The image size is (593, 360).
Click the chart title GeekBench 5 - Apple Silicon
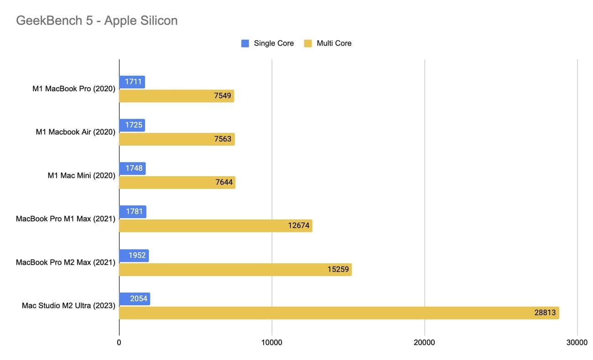pyautogui.click(x=97, y=21)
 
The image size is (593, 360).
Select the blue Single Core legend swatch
pyautogui.click(x=245, y=43)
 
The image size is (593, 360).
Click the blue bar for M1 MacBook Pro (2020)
pyautogui.click(x=132, y=82)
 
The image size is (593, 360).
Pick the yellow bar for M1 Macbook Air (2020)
pyautogui.click(x=177, y=139)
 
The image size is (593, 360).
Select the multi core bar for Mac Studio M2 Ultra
pyautogui.click(x=339, y=313)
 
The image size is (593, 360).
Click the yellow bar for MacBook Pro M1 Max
pyautogui.click(x=215, y=226)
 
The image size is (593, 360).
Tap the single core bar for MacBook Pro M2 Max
pyautogui.click(x=134, y=256)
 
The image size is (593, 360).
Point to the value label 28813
pyautogui.click(x=545, y=313)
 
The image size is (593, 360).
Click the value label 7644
pyautogui.click(x=224, y=183)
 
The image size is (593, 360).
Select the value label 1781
pyautogui.click(x=135, y=212)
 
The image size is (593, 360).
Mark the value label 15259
pyautogui.click(x=338, y=270)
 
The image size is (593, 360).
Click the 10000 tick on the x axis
pyautogui.click(x=272, y=342)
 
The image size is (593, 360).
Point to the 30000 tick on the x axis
pyautogui.click(x=577, y=342)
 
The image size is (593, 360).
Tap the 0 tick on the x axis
pyautogui.click(x=119, y=342)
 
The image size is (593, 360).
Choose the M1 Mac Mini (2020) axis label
pyautogui.click(x=81, y=175)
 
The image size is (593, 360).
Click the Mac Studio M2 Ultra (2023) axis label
pyautogui.click(x=68, y=306)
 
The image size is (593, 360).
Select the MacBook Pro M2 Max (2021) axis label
pyautogui.click(x=65, y=262)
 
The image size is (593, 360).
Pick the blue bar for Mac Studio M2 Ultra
pyautogui.click(x=135, y=299)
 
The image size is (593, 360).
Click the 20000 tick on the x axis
pyautogui.click(x=425, y=342)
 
